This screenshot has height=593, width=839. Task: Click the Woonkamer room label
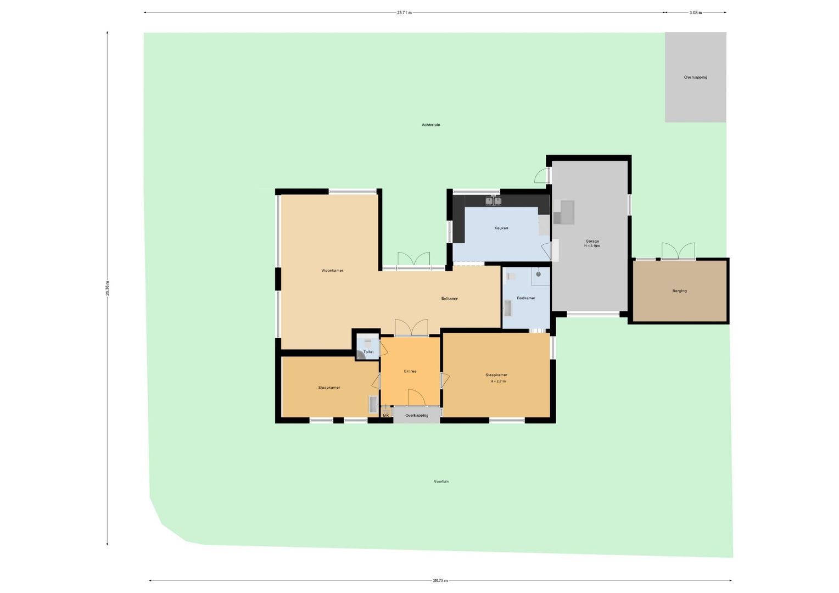pos(332,271)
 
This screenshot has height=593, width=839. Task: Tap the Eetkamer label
pos(449,299)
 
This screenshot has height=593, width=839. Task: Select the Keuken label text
pos(501,228)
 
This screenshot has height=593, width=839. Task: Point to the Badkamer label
pos(525,298)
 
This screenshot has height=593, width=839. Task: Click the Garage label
pos(592,241)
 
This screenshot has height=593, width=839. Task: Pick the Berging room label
pos(679,291)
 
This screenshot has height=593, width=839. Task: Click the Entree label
pos(410,372)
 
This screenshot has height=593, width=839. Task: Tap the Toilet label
pos(368,352)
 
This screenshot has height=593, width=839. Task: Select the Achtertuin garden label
pos(430,125)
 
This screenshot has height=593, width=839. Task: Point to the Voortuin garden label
pos(441,482)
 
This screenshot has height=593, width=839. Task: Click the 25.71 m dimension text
pos(404,13)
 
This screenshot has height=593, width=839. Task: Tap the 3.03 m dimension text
pos(695,13)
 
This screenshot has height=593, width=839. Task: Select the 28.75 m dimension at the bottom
pos(440,580)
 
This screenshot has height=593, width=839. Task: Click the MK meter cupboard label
pos(385,416)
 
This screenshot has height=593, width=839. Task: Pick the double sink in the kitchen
pos(493,201)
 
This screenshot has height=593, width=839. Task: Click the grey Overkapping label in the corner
pos(695,77)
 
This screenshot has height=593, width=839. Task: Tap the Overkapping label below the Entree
pos(416,416)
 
